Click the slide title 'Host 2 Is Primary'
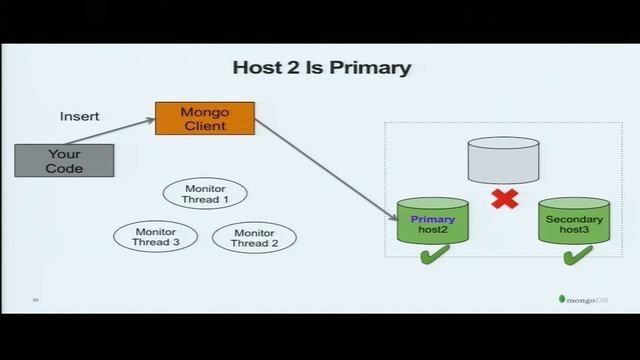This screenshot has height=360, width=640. pos(321,68)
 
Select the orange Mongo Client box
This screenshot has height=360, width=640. pos(204,119)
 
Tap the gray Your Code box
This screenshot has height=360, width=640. pos(64,161)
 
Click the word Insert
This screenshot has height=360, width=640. pos(80,116)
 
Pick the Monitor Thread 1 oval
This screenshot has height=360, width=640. pos(205,193)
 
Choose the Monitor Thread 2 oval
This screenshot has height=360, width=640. pos(254,238)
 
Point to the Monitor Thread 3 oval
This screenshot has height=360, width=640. pos(156,238)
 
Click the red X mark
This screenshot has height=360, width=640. pos(504,198)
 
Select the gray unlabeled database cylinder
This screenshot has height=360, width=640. pos(504,159)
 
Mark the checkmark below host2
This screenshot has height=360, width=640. pos(433,257)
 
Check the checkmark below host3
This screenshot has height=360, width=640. pos(575,257)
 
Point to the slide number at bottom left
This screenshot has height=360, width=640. pos(35,299)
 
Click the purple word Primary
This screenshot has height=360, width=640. pos(432,218)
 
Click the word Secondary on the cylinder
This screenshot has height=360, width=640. pos(574,218)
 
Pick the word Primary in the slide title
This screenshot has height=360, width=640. pos(376,68)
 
